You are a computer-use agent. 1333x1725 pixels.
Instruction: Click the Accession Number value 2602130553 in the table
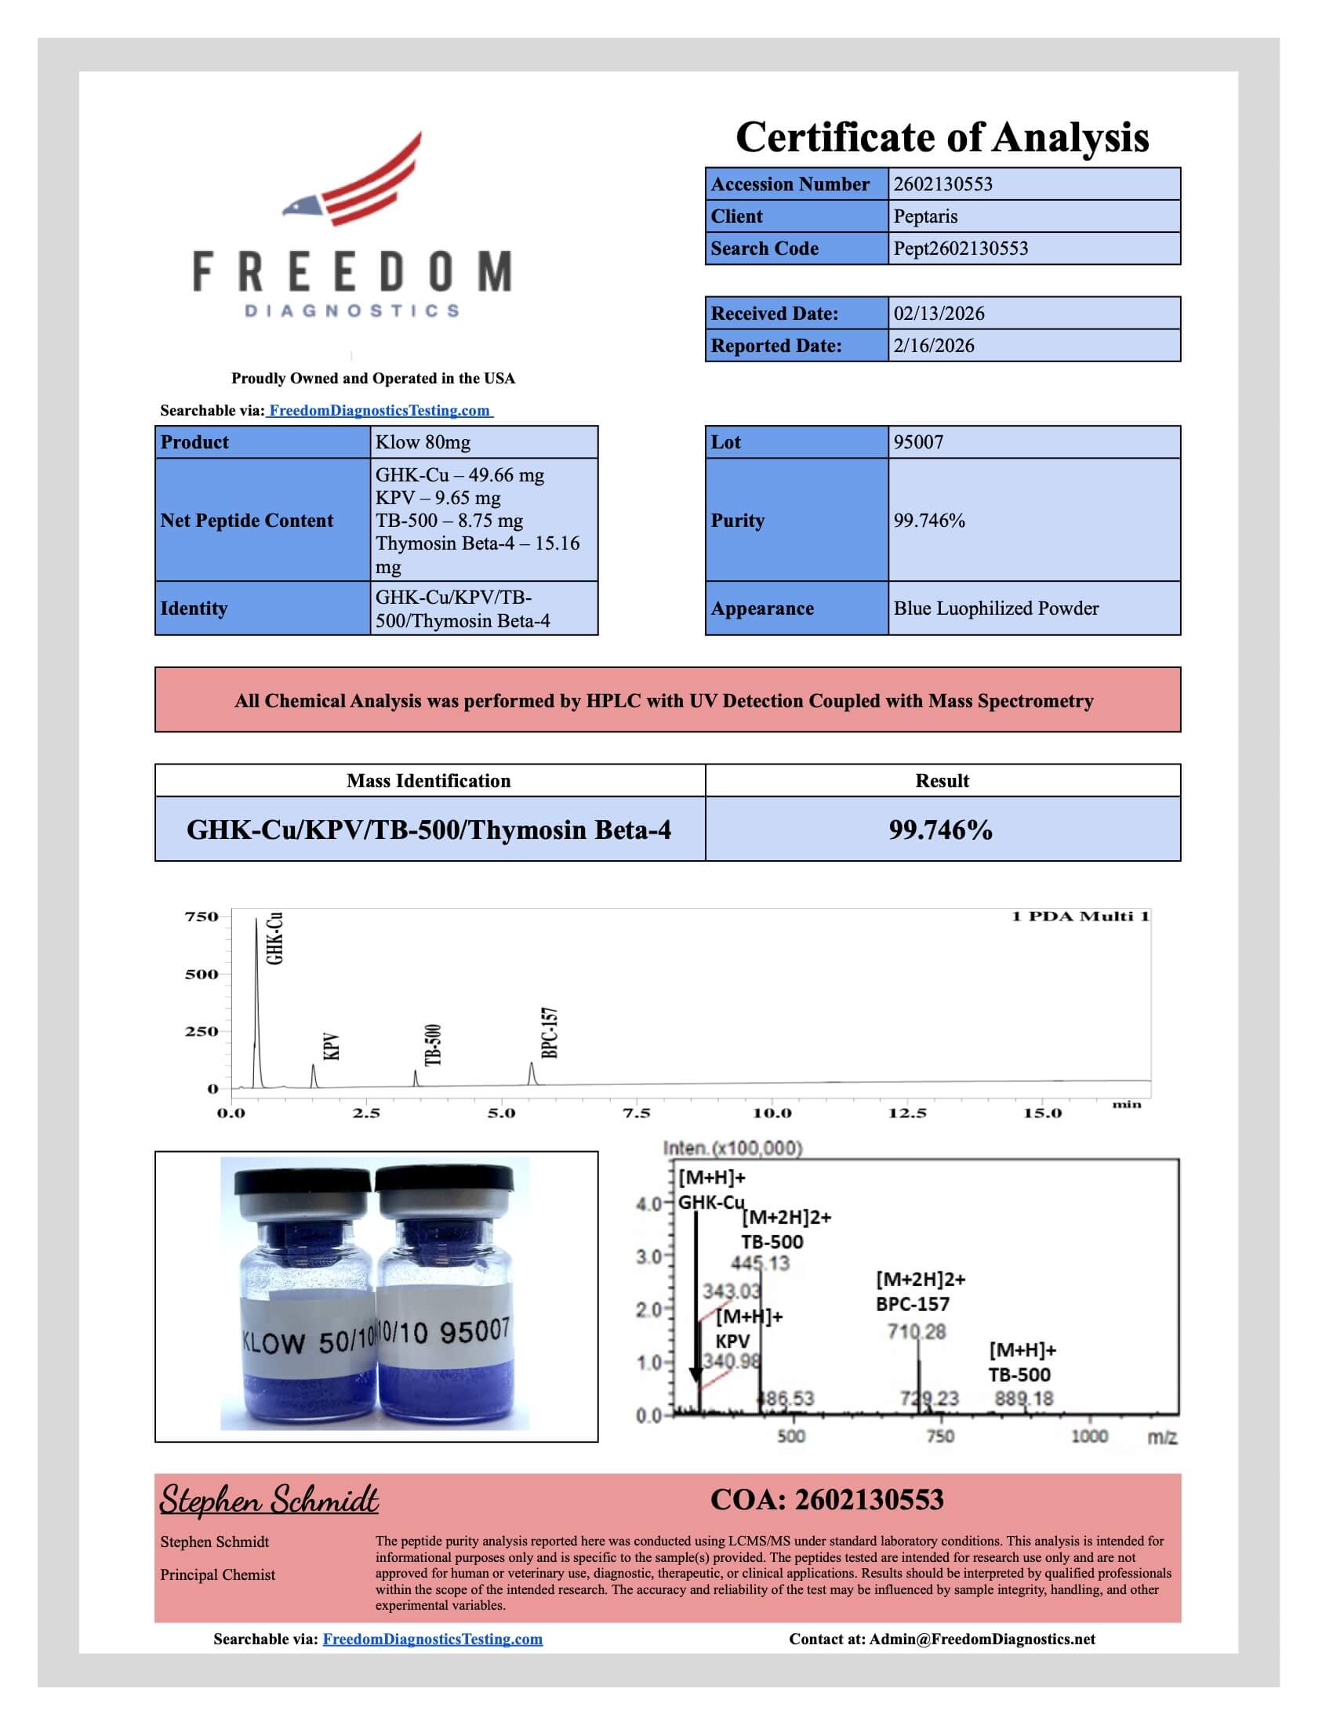(943, 184)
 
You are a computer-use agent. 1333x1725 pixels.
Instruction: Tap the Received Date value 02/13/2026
(939, 314)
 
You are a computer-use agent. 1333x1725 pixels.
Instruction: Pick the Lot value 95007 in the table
(917, 442)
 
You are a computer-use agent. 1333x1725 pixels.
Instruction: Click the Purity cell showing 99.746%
(928, 521)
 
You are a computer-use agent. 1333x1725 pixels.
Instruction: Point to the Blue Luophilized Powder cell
(996, 608)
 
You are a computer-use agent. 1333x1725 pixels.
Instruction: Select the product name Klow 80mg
(423, 442)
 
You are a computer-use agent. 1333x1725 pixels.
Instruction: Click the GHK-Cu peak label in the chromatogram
(274, 938)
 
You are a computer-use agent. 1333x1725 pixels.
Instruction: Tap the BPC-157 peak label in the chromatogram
(550, 1033)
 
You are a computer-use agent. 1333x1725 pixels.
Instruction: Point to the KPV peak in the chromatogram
(314, 1075)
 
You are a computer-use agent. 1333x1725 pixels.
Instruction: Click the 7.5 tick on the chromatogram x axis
(637, 1113)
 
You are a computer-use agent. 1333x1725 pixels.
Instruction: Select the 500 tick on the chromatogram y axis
(202, 974)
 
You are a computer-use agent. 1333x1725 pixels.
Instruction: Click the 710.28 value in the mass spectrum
(916, 1331)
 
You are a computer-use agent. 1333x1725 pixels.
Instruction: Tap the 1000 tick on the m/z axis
(1089, 1436)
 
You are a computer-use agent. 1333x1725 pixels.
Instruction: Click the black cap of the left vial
(303, 1182)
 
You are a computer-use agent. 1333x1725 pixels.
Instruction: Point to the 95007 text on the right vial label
(475, 1330)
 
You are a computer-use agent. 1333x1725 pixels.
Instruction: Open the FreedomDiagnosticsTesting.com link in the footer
(432, 1639)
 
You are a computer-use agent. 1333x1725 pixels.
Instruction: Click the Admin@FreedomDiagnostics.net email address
(982, 1639)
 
